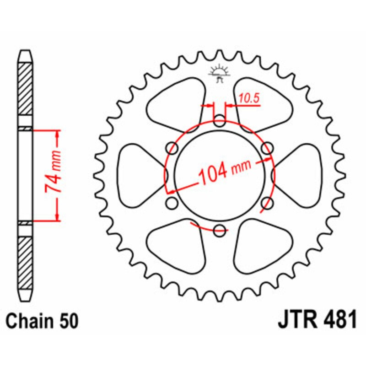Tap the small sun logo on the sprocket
219,73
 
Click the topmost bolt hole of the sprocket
220,122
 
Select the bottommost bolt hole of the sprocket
220,230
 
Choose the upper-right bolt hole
267,148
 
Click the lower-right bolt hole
267,203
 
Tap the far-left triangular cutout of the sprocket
140,175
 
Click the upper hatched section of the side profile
26,94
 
